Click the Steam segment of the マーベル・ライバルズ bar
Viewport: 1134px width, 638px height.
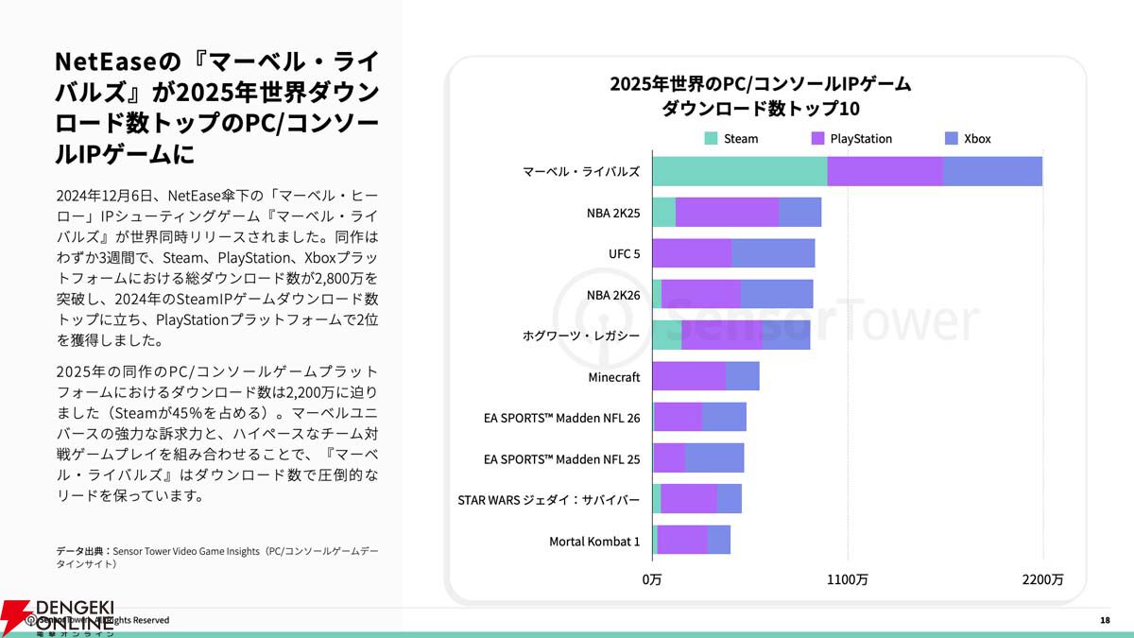[739, 171]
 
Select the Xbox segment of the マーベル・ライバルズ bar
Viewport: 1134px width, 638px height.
[992, 171]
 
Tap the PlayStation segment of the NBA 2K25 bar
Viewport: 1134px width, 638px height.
[727, 213]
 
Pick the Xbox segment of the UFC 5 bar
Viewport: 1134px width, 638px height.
[773, 253]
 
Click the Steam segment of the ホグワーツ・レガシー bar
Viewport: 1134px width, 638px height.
[666, 336]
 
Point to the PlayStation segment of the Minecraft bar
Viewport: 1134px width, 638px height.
[689, 376]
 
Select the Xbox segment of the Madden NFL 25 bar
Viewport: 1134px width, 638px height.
[714, 458]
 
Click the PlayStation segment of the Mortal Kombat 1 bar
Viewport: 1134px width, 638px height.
[682, 540]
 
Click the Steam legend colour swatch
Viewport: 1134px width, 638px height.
[712, 138]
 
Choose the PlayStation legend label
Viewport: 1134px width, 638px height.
[861, 139]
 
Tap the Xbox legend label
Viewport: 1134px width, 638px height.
[977, 139]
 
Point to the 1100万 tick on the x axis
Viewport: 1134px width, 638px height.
[848, 579]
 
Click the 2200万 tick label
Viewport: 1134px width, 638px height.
[1043, 579]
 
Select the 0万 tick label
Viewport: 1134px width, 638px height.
[652, 579]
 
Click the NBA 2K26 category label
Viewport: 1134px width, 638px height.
[613, 295]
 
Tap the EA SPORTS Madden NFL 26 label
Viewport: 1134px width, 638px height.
[561, 418]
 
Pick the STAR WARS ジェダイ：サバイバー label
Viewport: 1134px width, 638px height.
[548, 500]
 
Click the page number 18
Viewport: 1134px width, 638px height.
[1105, 620]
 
